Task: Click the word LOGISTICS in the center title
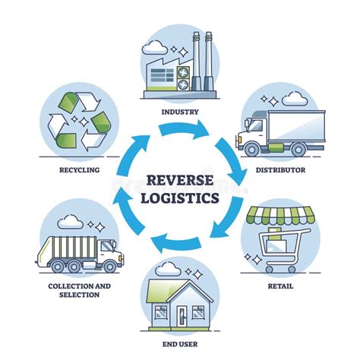click(180, 199)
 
